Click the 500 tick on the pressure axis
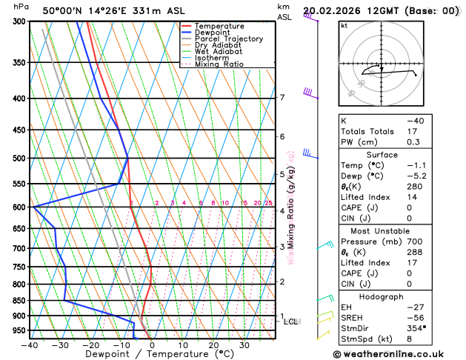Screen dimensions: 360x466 tap(19, 159)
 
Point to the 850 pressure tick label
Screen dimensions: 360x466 tap(19, 301)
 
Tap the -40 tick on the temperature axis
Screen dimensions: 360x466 tap(30, 344)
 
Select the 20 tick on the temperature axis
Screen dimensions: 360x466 tap(213, 344)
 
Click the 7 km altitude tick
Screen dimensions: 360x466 tap(282, 98)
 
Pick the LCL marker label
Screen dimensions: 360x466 tap(291, 321)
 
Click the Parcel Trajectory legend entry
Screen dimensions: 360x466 tap(228, 39)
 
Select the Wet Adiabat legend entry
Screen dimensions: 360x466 tap(218, 52)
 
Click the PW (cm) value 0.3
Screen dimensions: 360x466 tap(413, 141)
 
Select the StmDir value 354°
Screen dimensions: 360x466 tap(416, 327)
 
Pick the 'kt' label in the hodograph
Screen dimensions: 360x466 tap(344, 25)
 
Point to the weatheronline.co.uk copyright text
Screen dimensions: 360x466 tap(397, 353)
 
